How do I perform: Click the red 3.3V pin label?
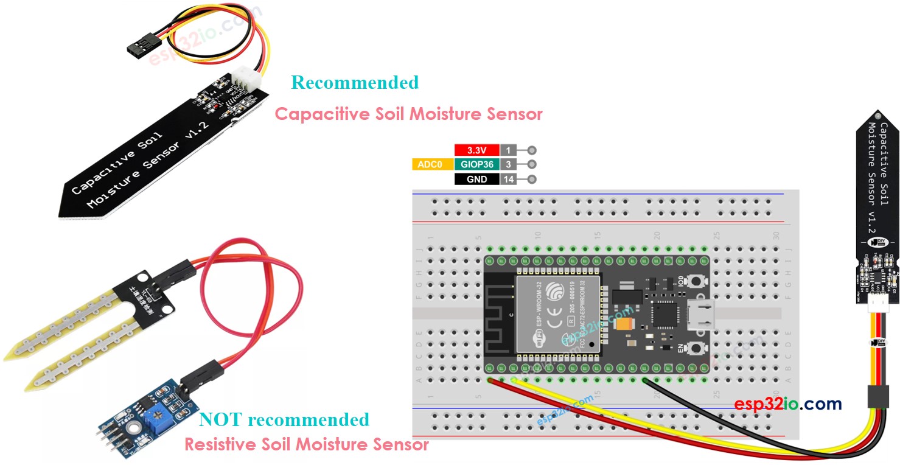476,150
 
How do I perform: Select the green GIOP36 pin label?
476,164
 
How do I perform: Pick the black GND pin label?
476,180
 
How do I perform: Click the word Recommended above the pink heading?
355,82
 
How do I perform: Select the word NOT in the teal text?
221,420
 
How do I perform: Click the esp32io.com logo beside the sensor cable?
787,404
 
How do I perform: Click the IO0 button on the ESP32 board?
694,281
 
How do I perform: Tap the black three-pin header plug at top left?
141,46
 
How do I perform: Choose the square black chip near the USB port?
665,314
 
